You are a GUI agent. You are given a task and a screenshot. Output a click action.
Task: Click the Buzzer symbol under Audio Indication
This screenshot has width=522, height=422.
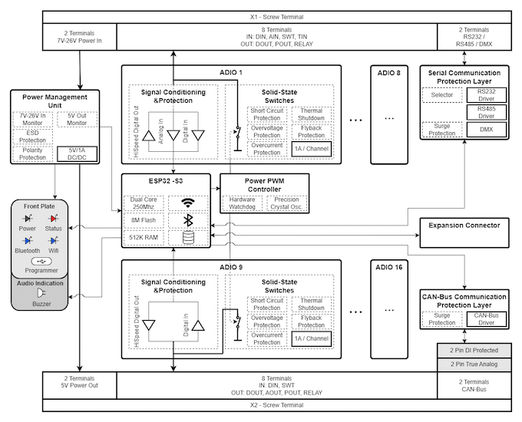click(x=41, y=294)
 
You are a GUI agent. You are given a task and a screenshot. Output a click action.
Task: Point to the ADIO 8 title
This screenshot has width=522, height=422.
click(x=389, y=73)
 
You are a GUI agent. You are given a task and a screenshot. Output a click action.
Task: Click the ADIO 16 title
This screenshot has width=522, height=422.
click(x=389, y=268)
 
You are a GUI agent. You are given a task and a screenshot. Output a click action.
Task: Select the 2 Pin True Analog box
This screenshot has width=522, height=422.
click(x=468, y=364)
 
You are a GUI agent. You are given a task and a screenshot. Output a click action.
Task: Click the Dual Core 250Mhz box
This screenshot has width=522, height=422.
click(x=145, y=203)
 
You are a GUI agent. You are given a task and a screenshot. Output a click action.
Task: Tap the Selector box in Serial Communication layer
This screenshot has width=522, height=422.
click(x=442, y=95)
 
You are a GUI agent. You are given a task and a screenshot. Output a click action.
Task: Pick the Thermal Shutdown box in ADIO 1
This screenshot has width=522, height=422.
click(x=312, y=114)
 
